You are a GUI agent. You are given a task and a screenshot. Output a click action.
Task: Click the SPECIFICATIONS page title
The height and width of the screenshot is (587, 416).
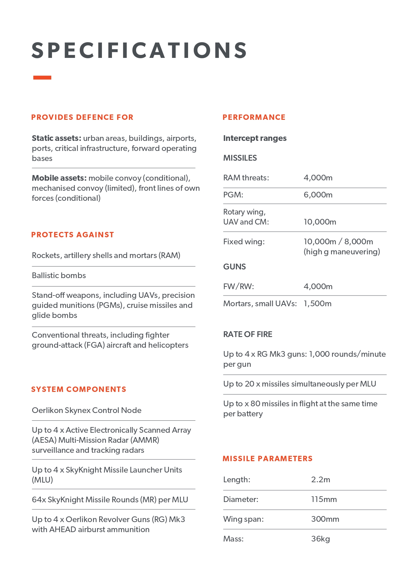[139, 50]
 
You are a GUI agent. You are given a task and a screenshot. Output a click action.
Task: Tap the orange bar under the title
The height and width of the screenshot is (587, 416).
[42, 78]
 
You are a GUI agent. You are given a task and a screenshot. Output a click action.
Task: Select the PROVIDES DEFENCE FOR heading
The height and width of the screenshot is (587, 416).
[82, 117]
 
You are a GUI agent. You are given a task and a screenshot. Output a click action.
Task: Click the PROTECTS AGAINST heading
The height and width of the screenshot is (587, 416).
[72, 235]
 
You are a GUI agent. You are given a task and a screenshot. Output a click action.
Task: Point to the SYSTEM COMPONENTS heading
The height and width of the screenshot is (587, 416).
[79, 389]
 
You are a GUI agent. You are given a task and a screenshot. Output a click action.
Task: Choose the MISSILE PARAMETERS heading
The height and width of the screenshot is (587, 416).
[268, 458]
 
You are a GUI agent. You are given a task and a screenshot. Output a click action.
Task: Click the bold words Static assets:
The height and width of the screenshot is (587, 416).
[56, 138]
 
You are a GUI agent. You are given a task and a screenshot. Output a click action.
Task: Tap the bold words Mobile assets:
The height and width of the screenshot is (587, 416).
[59, 178]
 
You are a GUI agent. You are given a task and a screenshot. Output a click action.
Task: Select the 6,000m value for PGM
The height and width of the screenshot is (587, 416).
[318, 195]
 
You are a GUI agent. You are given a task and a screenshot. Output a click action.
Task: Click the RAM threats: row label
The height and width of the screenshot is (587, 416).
[246, 178]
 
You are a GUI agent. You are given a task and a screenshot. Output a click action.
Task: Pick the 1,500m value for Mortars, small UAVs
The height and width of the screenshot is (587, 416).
[317, 304]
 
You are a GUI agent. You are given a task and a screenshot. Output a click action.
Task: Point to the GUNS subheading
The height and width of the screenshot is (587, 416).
[234, 267]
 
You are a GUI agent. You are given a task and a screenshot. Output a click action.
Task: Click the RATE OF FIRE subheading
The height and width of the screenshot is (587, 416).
[248, 334]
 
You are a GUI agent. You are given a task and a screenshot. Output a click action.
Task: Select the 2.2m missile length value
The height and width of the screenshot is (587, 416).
[320, 480]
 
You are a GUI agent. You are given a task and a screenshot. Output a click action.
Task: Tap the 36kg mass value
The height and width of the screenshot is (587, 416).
[320, 539]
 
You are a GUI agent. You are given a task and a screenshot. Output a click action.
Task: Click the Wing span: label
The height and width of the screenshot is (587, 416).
[243, 519]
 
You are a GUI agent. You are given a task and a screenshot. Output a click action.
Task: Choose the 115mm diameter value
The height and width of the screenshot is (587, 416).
[324, 499]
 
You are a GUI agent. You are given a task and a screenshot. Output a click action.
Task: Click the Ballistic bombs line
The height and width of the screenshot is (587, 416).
[59, 275]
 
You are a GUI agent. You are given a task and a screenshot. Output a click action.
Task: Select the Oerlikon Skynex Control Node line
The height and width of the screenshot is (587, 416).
[86, 410]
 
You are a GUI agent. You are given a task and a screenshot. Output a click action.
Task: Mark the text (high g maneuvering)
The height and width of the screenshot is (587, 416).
[342, 252]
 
